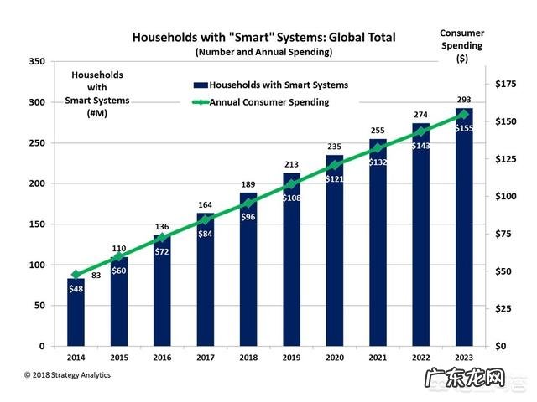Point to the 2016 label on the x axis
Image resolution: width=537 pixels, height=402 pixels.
point(162,358)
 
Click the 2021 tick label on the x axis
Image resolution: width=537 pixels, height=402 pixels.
point(378,358)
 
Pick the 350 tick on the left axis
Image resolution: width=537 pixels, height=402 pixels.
point(36,62)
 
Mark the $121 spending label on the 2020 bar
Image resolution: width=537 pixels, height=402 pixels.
point(335,179)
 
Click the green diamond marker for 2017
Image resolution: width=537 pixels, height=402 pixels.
point(206,220)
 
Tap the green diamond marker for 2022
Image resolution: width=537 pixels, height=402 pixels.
point(420,131)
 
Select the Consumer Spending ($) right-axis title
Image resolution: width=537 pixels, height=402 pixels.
point(461,46)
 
